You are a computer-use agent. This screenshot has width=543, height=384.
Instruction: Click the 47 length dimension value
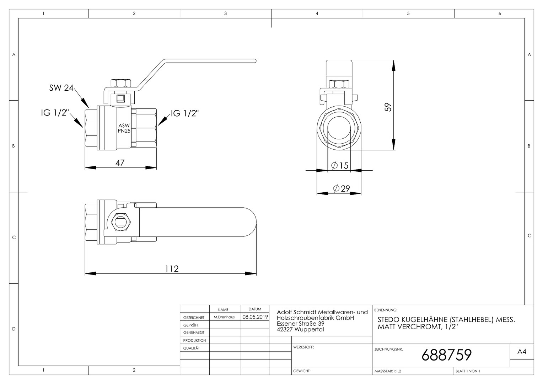coord(120,163)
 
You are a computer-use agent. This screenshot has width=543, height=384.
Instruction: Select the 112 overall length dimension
coord(172,269)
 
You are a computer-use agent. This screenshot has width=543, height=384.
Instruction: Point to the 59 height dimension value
coord(388,107)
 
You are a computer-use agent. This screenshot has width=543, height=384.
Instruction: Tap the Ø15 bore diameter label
coord(340,166)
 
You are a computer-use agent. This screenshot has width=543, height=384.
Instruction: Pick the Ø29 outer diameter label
coord(342,188)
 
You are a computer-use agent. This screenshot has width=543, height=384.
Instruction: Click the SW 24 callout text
coord(61,88)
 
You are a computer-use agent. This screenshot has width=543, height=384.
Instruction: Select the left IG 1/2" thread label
coord(55,113)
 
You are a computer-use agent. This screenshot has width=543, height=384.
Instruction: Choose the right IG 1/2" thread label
coord(185,113)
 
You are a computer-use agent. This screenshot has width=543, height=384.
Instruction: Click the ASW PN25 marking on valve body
coord(124,128)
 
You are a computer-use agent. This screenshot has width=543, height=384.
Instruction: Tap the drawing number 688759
coord(447,355)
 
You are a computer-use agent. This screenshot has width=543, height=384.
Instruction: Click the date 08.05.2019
coord(255,317)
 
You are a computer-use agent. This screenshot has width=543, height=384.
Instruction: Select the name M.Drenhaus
coord(224,317)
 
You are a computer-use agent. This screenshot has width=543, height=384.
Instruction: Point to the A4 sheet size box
coord(522,352)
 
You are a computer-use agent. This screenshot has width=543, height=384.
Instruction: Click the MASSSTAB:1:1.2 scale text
coord(388,371)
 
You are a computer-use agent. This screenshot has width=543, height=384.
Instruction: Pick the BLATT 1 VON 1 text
coord(468,371)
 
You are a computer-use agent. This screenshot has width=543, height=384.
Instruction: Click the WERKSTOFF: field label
coord(303,347)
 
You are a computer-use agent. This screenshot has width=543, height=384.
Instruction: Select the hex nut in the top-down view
coord(121,222)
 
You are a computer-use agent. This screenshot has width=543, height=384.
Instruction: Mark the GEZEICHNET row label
coord(194,318)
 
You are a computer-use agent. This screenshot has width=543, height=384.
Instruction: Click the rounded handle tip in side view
coord(255,61)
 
